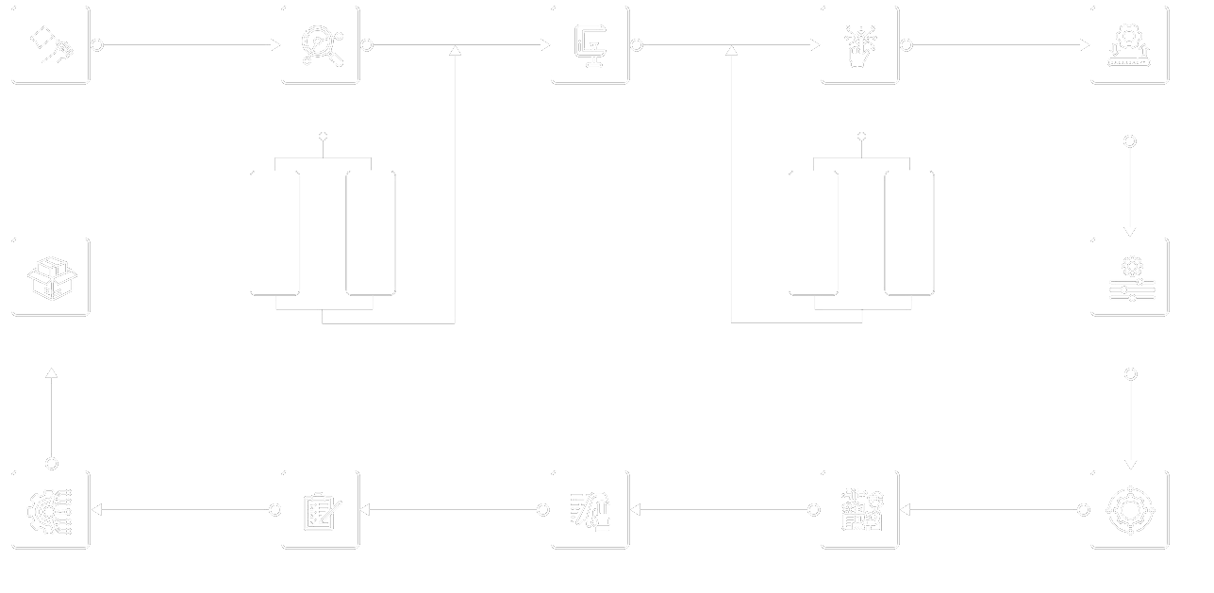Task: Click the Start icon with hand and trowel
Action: click(51, 45)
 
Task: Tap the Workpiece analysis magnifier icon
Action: click(321, 45)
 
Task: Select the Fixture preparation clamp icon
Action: click(590, 45)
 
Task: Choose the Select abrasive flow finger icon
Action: click(860, 45)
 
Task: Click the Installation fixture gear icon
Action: click(1130, 45)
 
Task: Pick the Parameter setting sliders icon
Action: click(1130, 277)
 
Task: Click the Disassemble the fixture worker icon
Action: click(860, 510)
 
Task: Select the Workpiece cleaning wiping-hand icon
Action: click(590, 510)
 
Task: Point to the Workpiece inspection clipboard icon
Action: click(321, 510)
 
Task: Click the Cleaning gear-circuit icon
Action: click(51, 510)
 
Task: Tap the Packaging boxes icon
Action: click(51, 277)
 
